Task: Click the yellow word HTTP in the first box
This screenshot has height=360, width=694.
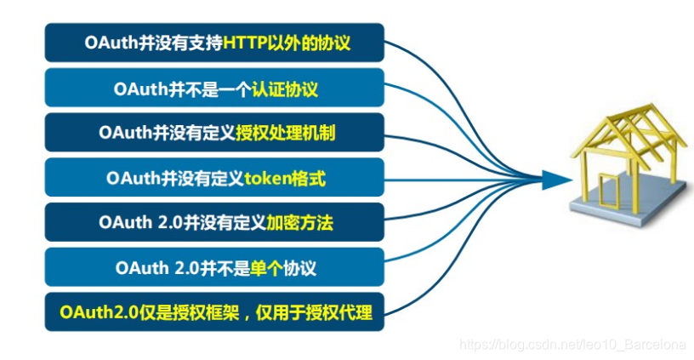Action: [x=247, y=42]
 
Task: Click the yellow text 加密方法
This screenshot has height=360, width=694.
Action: [x=298, y=223]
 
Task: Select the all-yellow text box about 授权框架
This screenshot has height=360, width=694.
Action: [x=214, y=312]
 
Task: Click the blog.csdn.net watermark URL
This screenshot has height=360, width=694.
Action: [x=572, y=345]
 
